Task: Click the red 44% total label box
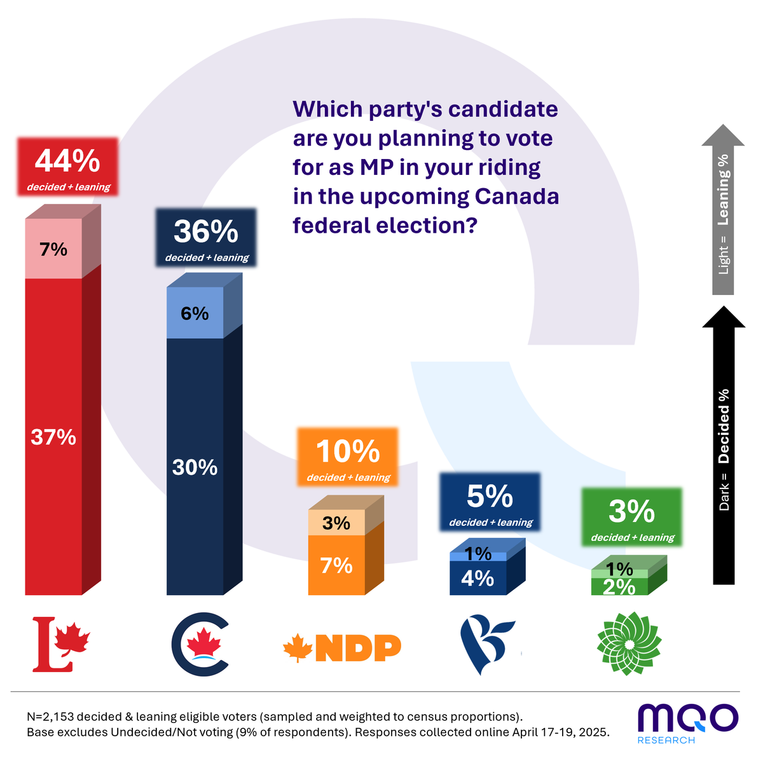[x=67, y=167]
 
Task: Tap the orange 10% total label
[x=348, y=457]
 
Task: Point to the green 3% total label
[x=632, y=517]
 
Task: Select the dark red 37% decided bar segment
[x=53, y=437]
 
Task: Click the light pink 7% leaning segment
[x=53, y=249]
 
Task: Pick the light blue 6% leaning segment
[x=195, y=313]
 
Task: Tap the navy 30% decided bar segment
[x=195, y=467]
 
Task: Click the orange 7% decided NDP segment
[x=336, y=565]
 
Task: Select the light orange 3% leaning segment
[x=336, y=523]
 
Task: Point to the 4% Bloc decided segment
[x=478, y=579]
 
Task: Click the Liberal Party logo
[x=61, y=644]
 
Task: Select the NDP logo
[x=342, y=648]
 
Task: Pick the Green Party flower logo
[x=629, y=643]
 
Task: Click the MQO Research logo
[x=687, y=722]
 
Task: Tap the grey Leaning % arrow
[x=723, y=210]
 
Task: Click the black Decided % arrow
[x=724, y=445]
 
